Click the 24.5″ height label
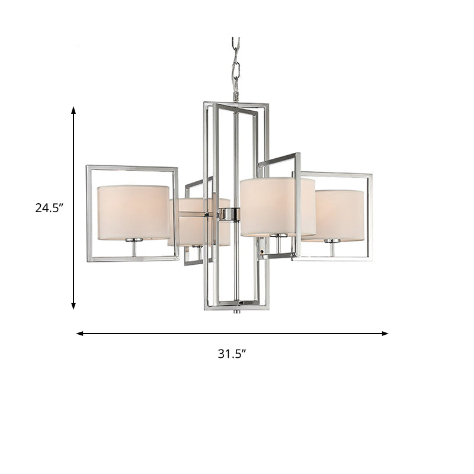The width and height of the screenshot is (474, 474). click(x=49, y=207)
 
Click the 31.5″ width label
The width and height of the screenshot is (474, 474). click(x=232, y=354)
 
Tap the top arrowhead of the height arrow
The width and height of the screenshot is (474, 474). click(x=73, y=111)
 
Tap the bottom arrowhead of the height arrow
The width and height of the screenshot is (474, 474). click(x=73, y=305)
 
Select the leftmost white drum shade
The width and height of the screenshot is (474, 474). click(x=133, y=212)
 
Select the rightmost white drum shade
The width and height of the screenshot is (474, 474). click(x=338, y=214)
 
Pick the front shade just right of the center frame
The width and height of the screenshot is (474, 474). click(x=277, y=206)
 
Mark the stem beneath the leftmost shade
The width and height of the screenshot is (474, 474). click(x=133, y=248)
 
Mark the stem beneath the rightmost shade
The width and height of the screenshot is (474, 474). click(x=332, y=249)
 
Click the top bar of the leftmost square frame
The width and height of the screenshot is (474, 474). click(x=132, y=168)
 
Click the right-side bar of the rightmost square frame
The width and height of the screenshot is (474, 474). click(x=371, y=216)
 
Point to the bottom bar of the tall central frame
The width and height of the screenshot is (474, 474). click(x=236, y=306)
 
